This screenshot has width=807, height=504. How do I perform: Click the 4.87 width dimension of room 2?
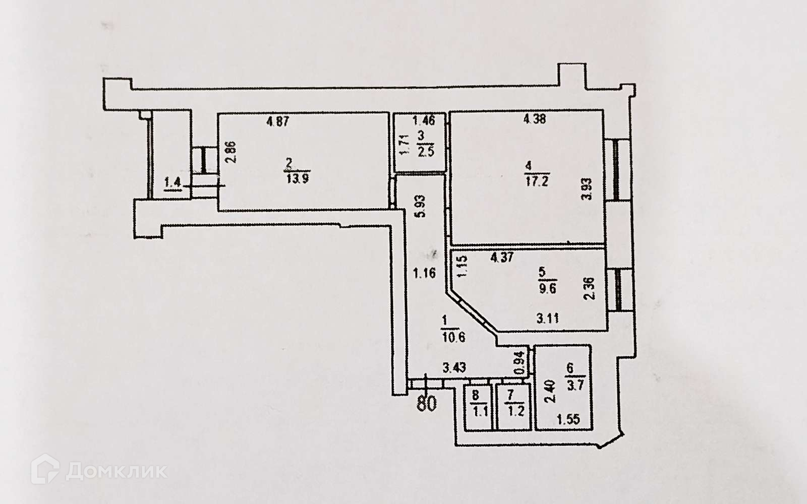click(x=278, y=121)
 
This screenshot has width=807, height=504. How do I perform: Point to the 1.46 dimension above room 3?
click(x=423, y=120)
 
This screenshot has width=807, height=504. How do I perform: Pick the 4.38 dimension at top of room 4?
click(x=535, y=119)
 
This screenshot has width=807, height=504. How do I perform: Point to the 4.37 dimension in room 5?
click(x=503, y=258)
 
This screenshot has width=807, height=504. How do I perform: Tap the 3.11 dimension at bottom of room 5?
click(x=547, y=318)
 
